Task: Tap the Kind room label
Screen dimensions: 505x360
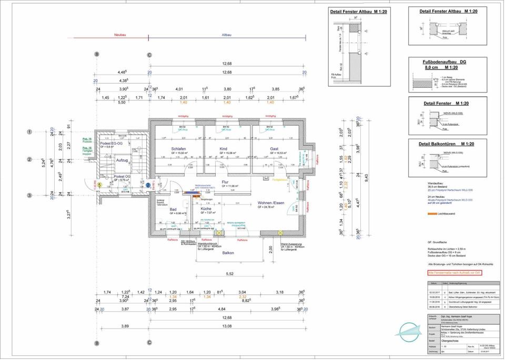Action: (224, 149)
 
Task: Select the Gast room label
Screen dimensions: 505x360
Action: (274, 149)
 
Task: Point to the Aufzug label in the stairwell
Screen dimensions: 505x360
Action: (122, 159)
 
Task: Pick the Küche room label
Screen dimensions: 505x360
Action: (206, 209)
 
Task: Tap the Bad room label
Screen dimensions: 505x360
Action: (173, 209)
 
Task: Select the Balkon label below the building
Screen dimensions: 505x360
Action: (228, 253)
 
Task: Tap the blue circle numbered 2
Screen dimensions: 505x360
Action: (148, 185)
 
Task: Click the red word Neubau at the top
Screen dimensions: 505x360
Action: (121, 35)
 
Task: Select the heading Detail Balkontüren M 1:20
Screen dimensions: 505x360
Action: (447, 144)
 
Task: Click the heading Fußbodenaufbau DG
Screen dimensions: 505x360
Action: (445, 62)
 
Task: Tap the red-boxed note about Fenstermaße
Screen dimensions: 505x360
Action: (454, 273)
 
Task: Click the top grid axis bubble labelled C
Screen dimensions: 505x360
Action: (149, 54)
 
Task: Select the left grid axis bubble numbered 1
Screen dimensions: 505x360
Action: (30, 132)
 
